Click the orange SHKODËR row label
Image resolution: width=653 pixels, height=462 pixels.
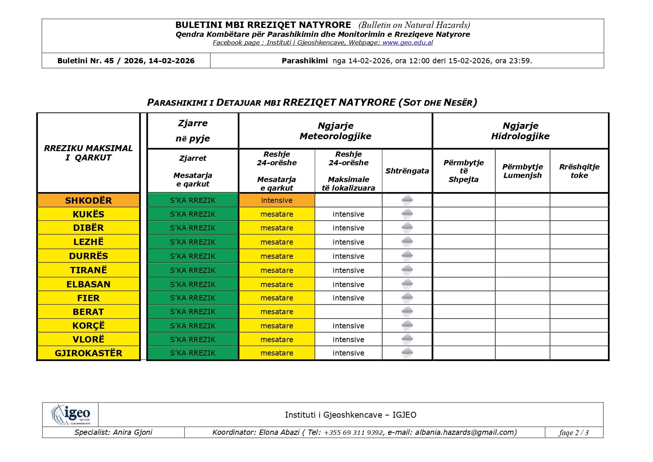89,200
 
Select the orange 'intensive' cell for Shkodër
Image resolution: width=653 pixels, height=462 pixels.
276,200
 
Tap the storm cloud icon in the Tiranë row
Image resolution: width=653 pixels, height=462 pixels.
407,270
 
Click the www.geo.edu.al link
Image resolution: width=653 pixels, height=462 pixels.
407,42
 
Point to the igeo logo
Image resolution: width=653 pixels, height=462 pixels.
71,414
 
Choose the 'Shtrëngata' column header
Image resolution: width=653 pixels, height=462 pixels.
407,171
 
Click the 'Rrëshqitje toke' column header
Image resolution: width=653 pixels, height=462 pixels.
579,171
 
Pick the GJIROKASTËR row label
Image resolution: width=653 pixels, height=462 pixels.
89,353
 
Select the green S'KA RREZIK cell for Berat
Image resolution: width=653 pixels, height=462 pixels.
193,312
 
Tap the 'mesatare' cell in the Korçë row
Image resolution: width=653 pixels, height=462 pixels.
276,326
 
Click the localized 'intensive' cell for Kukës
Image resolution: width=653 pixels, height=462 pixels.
348,214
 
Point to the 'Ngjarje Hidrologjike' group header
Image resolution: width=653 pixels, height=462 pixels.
520,131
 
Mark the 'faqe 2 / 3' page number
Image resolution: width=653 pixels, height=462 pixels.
573,433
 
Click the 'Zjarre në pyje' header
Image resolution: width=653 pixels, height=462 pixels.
193,131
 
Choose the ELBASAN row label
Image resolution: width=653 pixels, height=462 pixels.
89,284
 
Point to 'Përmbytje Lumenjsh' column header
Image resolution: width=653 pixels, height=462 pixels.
522,171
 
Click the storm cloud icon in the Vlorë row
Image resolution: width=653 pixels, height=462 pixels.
407,339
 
